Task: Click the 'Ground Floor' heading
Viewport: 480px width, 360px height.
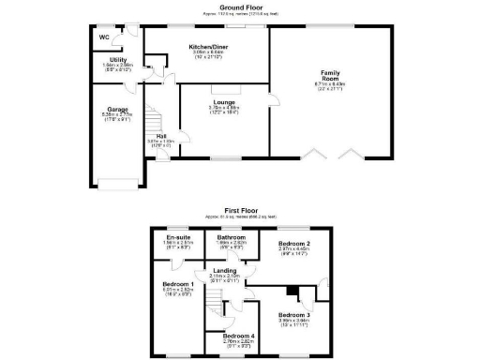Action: pyautogui.click(x=239, y=7)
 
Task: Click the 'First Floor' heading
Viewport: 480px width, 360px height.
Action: pyautogui.click(x=239, y=210)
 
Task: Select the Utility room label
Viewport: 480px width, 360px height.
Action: pyautogui.click(x=119, y=60)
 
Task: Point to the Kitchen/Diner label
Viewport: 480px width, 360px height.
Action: pyautogui.click(x=206, y=47)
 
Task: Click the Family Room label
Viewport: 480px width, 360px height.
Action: pyautogui.click(x=330, y=73)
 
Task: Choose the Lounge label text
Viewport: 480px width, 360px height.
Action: pyautogui.click(x=224, y=102)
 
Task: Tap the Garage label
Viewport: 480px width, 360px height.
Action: pyautogui.click(x=117, y=109)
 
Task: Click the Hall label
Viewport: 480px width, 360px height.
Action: pyautogui.click(x=161, y=136)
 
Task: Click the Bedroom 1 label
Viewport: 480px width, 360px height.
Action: pyautogui.click(x=178, y=284)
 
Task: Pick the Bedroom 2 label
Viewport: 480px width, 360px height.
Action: pyautogui.click(x=293, y=244)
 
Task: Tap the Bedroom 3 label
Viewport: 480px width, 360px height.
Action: pyautogui.click(x=294, y=315)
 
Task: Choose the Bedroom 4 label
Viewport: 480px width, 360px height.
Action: pyautogui.click(x=238, y=337)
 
